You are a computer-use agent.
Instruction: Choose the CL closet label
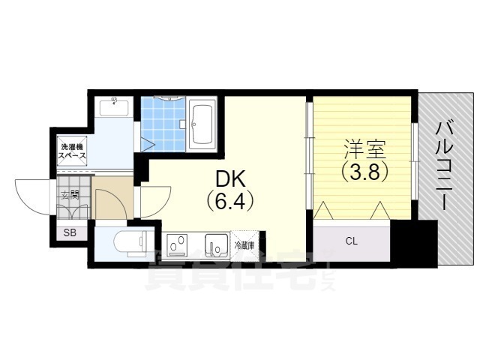coord(351,241)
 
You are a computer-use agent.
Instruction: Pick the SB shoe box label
coord(70,232)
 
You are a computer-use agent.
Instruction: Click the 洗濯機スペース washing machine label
coord(73,151)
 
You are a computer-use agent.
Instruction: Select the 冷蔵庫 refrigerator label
coord(244,244)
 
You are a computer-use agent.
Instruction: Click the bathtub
coord(203,123)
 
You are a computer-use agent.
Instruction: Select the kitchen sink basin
coord(215,244)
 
